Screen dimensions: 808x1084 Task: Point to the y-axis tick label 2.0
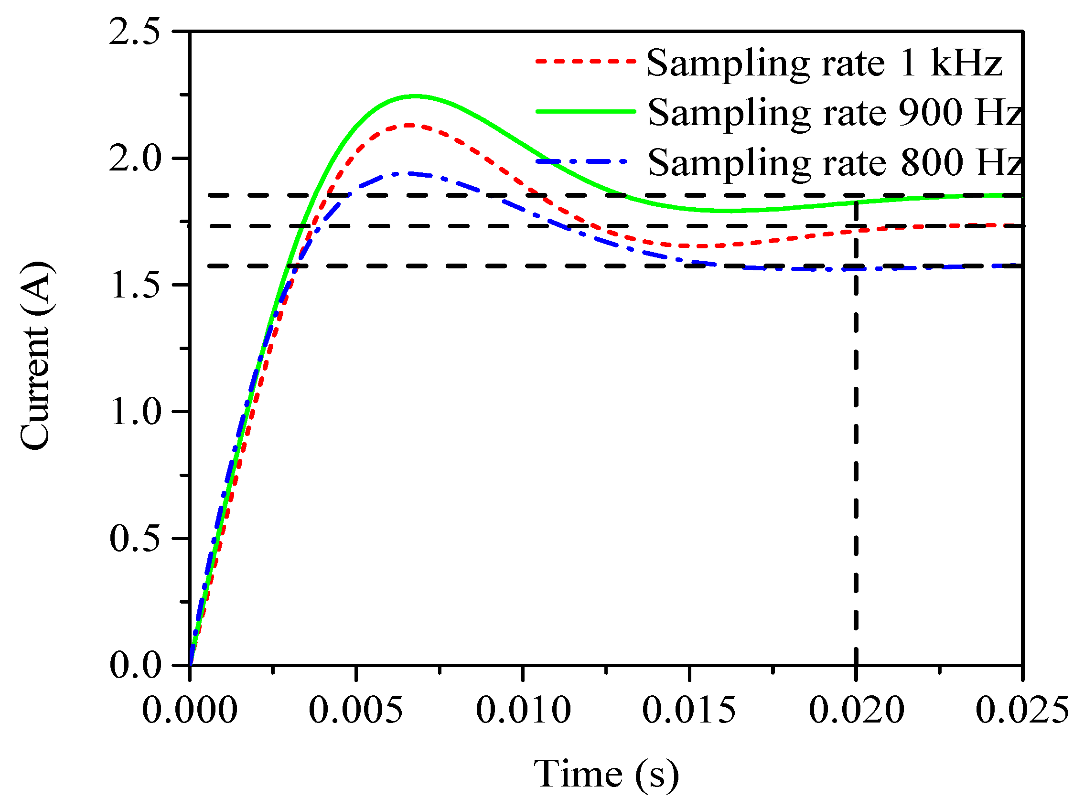click(135, 159)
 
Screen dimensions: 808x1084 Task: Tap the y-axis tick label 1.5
click(135, 285)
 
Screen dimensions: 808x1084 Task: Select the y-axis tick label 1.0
click(135, 412)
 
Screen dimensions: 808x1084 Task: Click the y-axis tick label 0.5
click(135, 539)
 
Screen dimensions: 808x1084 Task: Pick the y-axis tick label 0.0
click(135, 665)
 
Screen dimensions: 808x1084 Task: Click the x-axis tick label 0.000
click(189, 710)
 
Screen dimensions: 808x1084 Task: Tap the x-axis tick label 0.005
click(356, 710)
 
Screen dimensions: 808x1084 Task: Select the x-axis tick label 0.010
click(523, 710)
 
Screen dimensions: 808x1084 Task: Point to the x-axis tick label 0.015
click(689, 710)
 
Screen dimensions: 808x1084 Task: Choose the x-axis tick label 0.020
click(856, 710)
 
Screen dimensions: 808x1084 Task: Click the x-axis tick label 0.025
click(1022, 710)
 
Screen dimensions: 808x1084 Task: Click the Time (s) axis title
click(606, 774)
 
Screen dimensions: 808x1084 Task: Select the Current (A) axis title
click(35, 356)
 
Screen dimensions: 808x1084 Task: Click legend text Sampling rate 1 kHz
click(824, 63)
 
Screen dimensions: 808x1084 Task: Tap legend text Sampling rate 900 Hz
click(835, 113)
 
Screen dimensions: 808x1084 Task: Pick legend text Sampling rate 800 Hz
click(835, 163)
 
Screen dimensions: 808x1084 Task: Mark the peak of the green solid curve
click(416, 96)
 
